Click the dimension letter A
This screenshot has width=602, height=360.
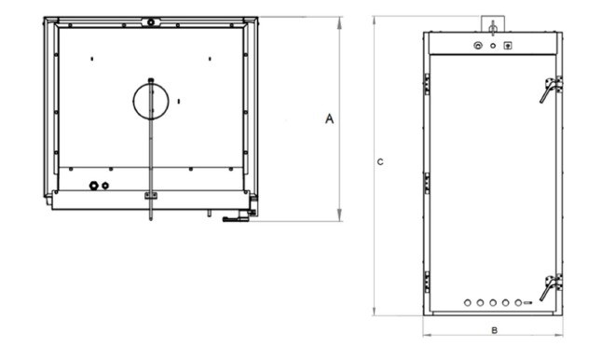click(329, 118)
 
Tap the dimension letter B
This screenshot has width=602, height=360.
click(495, 330)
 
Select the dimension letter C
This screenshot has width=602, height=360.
click(380, 162)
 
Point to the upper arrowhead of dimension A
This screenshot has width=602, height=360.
click(339, 23)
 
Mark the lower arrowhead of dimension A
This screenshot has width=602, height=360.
click(339, 215)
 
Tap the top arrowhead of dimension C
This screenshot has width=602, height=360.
click(374, 21)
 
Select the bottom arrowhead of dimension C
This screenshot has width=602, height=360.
click(374, 310)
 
